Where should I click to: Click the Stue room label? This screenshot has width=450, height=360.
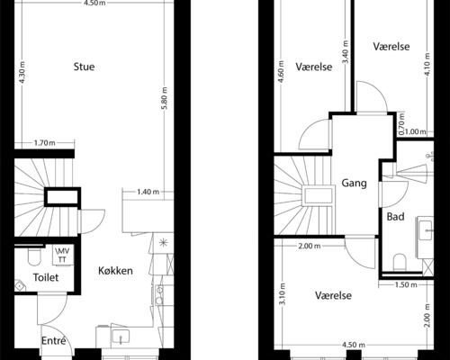(x=85, y=67)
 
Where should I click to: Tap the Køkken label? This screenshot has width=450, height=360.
(x=117, y=270)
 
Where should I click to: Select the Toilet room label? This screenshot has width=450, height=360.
(x=46, y=279)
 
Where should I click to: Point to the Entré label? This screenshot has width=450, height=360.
(x=54, y=340)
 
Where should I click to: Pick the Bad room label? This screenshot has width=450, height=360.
(x=395, y=217)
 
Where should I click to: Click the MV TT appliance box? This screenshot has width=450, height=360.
(x=63, y=255)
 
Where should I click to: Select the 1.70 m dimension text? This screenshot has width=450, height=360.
(x=44, y=143)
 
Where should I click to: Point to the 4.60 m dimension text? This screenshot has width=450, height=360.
(x=282, y=70)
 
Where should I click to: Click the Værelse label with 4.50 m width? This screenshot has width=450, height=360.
(x=333, y=295)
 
